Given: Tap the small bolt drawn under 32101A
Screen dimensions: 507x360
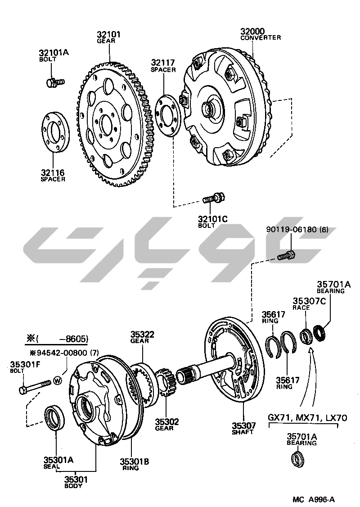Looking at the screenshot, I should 55,82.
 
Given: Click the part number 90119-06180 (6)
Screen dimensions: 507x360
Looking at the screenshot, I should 297,229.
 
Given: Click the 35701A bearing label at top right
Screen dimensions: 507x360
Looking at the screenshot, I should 333,286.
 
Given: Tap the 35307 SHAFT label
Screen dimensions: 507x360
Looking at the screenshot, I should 243,427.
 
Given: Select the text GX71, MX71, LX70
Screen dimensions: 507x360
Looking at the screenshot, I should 307,417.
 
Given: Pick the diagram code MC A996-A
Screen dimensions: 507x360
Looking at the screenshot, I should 314,499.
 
